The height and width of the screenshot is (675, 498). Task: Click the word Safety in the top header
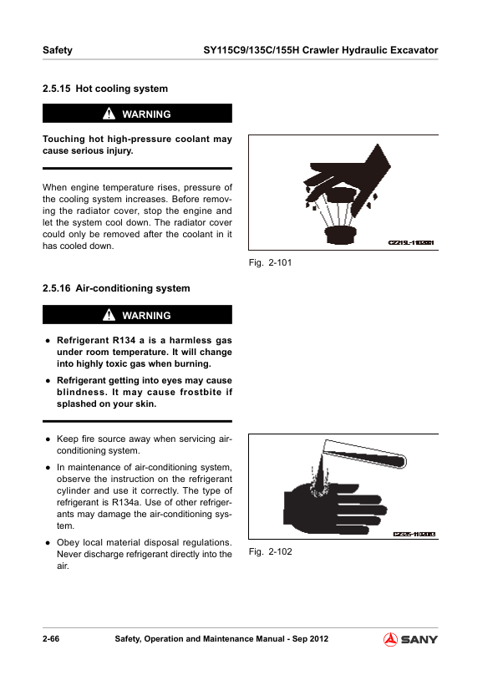(58, 50)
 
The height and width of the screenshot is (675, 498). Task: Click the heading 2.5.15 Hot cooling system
(105, 89)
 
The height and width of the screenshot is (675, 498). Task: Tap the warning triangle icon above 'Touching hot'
(109, 114)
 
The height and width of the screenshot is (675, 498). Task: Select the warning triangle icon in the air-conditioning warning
(109, 315)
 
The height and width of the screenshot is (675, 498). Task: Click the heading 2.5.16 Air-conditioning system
(116, 288)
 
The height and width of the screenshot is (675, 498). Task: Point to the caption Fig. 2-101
(270, 262)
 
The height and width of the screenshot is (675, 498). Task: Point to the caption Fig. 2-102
(270, 552)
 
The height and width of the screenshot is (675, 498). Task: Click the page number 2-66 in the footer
(51, 639)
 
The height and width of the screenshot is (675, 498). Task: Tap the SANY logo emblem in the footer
(390, 639)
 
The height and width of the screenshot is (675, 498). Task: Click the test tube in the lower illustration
(364, 454)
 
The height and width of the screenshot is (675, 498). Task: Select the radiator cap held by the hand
(340, 195)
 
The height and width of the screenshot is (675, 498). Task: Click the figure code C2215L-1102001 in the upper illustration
(411, 243)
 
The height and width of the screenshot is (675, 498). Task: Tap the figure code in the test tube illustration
(414, 534)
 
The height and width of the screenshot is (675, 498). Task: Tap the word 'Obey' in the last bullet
(67, 543)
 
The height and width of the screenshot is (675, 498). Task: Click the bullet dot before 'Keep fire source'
(48, 439)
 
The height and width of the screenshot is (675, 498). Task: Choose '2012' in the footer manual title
(319, 639)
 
